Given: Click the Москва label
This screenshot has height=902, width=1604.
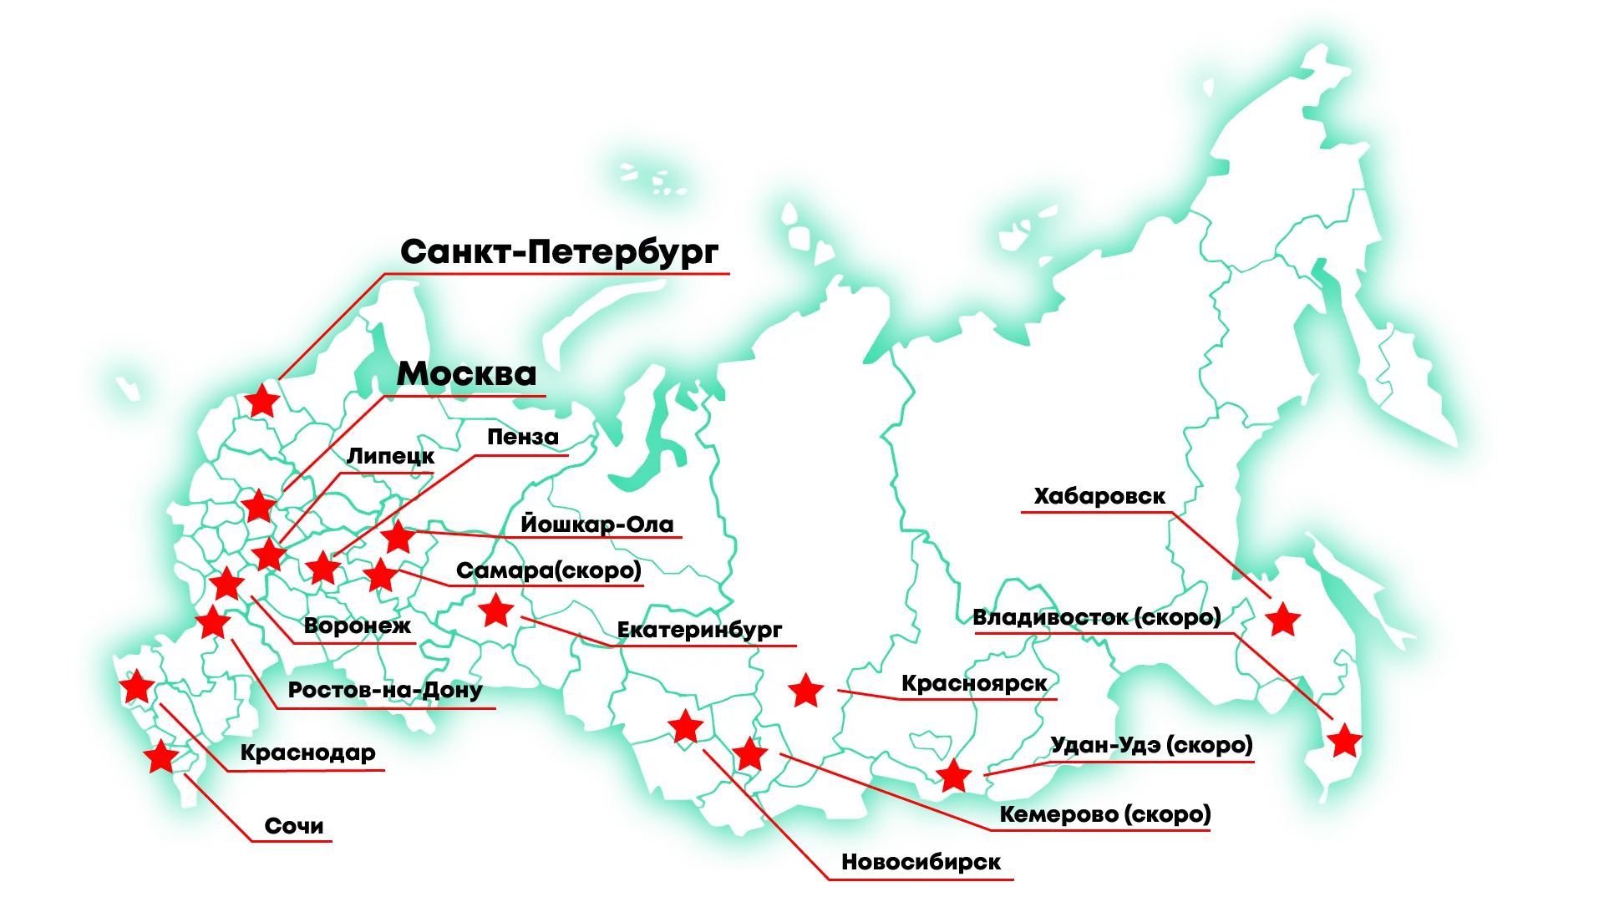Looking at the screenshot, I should coord(466,374).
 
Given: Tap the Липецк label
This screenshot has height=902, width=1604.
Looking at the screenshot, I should coord(390,456).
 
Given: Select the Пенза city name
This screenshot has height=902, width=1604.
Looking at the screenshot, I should coord(523,437).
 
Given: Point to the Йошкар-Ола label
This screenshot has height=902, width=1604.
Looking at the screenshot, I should coord(596,524).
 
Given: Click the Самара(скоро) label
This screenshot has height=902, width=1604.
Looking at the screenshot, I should coord(549,570).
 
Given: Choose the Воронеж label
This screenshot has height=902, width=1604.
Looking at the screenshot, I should coord(358,626).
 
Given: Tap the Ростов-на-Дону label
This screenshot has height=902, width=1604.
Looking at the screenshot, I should coord(385,690).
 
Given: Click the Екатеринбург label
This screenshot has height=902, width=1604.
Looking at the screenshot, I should coord(699,630).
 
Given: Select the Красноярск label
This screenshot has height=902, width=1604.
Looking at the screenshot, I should coord(974,683).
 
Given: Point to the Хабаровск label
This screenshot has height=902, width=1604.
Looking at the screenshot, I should coord(1099,496).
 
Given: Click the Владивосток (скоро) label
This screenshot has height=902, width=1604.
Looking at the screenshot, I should coord(1097,618).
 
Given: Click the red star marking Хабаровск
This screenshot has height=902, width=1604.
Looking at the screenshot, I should coord(1282,620).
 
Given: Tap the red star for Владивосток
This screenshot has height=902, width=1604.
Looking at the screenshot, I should coord(1344,741).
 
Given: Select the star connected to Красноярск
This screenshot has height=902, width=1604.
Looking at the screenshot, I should coord(806,691).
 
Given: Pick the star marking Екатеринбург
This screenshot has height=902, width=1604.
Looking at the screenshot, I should coord(496,611).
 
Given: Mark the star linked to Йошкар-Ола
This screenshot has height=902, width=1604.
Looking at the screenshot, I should coord(398,537).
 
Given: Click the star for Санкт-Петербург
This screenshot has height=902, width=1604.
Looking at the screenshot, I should coord(262,401).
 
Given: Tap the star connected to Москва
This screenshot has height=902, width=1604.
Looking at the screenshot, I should coord(258,506).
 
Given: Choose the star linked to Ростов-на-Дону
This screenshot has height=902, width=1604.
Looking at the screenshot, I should coord(213,622).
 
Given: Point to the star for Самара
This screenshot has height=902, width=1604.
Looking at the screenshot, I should coord(381,575).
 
